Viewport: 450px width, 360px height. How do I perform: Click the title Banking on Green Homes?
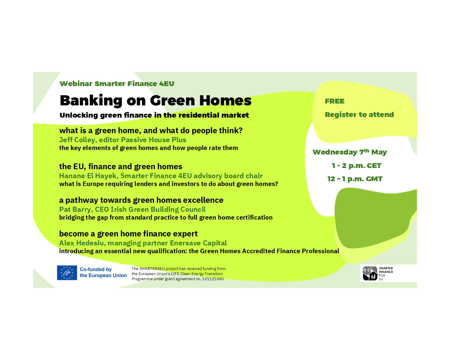click(155, 100)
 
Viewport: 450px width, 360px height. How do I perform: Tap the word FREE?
click(334, 101)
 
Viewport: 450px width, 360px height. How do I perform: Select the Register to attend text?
click(359, 115)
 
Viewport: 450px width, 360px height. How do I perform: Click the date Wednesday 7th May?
click(349, 152)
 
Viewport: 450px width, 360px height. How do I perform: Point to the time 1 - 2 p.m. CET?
click(356, 166)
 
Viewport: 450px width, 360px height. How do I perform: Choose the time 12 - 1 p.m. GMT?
click(355, 179)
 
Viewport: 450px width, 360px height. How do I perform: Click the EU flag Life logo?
click(67, 273)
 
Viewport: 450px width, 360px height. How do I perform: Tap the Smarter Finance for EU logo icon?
click(370, 273)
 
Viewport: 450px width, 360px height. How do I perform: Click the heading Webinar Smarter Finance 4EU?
click(117, 84)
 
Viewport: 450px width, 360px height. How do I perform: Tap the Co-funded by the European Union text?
click(103, 272)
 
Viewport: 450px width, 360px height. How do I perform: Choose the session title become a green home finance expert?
click(128, 234)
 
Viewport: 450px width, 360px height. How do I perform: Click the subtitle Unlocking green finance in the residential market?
click(154, 115)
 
